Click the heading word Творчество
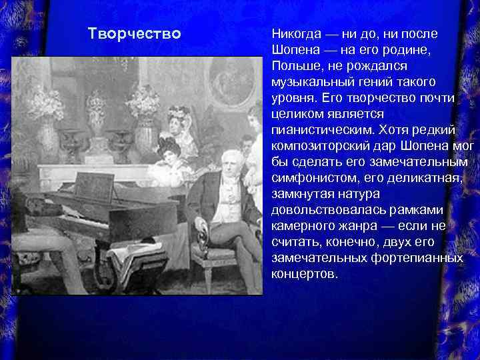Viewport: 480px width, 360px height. click(x=134, y=33)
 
